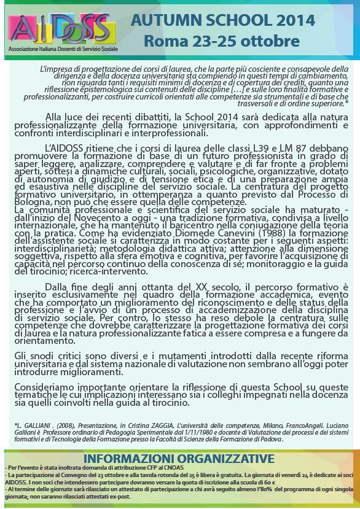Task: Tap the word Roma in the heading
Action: click(x=166, y=42)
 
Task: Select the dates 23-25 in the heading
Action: click(x=218, y=42)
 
